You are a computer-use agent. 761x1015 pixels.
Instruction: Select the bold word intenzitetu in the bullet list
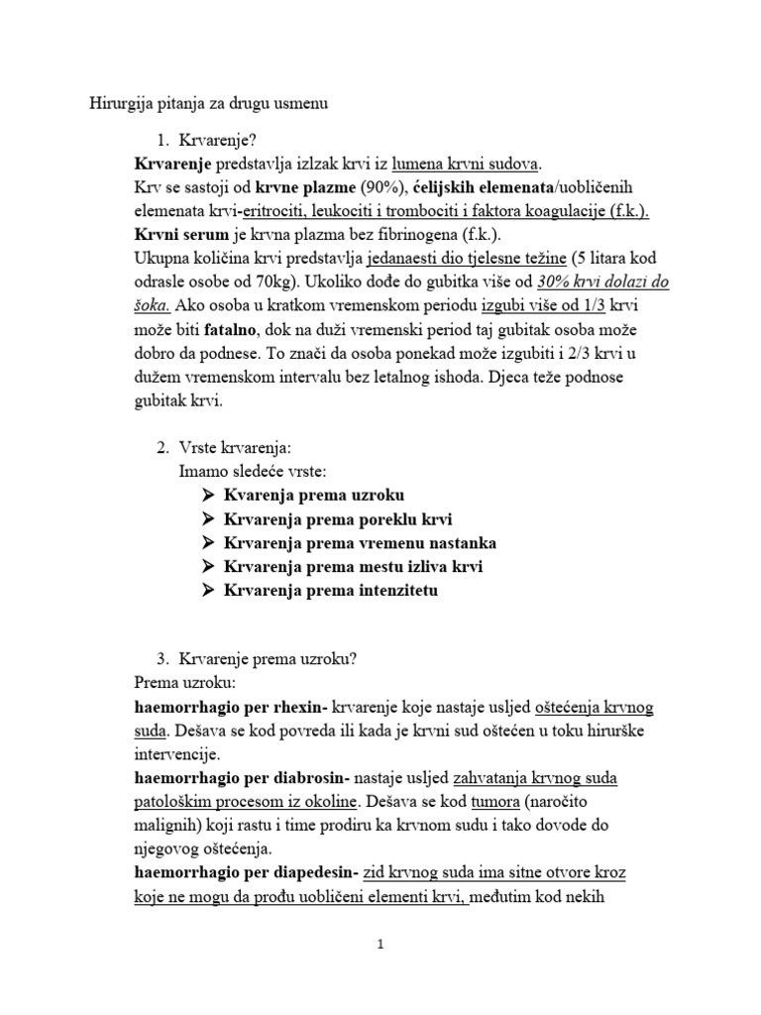pos(388,590)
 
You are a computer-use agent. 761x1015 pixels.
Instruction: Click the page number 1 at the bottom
pos(380,944)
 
